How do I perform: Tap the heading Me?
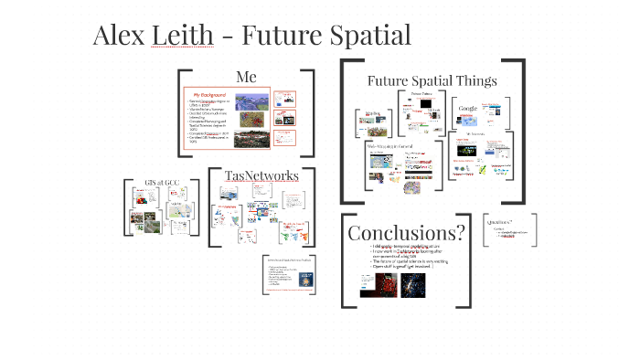tap(246, 77)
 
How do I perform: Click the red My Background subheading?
tap(208, 94)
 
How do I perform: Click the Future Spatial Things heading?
tap(432, 80)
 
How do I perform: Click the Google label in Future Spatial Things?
tap(468, 109)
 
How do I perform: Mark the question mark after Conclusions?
tap(460, 232)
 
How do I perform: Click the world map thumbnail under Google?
tap(473, 122)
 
